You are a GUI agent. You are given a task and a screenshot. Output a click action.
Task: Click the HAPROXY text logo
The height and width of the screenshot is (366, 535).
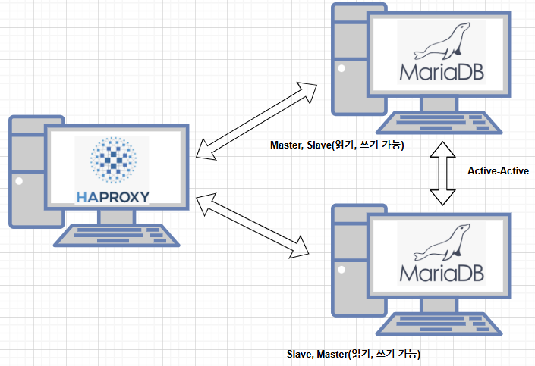[113, 197]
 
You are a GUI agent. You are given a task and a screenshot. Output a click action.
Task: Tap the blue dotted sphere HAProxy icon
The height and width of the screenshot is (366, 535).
[113, 161]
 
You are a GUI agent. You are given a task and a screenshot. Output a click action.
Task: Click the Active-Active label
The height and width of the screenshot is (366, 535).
[498, 171]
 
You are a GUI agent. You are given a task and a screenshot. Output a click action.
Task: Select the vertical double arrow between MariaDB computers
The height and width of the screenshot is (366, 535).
[441, 171]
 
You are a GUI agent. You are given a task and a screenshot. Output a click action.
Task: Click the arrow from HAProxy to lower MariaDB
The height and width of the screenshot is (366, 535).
[255, 225]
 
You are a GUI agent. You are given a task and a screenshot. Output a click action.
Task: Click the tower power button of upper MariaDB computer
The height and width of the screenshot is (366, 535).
[341, 69]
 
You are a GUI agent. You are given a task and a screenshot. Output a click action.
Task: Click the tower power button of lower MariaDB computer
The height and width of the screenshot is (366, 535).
[341, 271]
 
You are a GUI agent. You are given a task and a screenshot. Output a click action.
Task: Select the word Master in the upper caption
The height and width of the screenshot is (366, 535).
[288, 144]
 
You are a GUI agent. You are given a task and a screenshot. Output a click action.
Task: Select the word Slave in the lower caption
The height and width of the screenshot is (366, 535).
[300, 354]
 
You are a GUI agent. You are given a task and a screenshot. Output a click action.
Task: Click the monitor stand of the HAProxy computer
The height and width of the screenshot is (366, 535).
[115, 216]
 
